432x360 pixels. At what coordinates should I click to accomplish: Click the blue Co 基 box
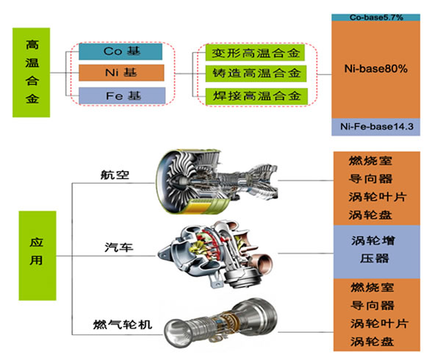[x=120, y=51]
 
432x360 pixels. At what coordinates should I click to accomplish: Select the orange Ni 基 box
[x=121, y=73]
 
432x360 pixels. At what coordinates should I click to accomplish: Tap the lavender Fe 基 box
[x=122, y=96]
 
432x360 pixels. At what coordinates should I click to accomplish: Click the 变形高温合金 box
[x=255, y=53]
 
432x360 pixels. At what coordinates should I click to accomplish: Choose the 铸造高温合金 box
[x=256, y=73]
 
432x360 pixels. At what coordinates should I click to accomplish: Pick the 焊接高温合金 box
[x=256, y=96]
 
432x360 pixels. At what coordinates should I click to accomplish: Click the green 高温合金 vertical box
[x=31, y=73]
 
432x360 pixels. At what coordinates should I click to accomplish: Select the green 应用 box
[x=37, y=256]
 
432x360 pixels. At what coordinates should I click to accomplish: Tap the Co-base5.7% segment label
[x=376, y=18]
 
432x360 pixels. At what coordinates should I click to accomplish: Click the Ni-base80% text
[x=376, y=68]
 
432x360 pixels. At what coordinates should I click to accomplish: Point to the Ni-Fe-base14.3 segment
[x=376, y=126]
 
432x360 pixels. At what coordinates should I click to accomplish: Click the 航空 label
[x=115, y=175]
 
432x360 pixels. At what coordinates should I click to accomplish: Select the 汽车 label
[x=119, y=247]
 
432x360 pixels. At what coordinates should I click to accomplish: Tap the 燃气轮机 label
[x=123, y=325]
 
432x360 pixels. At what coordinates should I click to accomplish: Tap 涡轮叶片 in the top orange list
[x=378, y=197]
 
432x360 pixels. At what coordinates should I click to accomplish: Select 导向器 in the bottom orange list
[x=372, y=306]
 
